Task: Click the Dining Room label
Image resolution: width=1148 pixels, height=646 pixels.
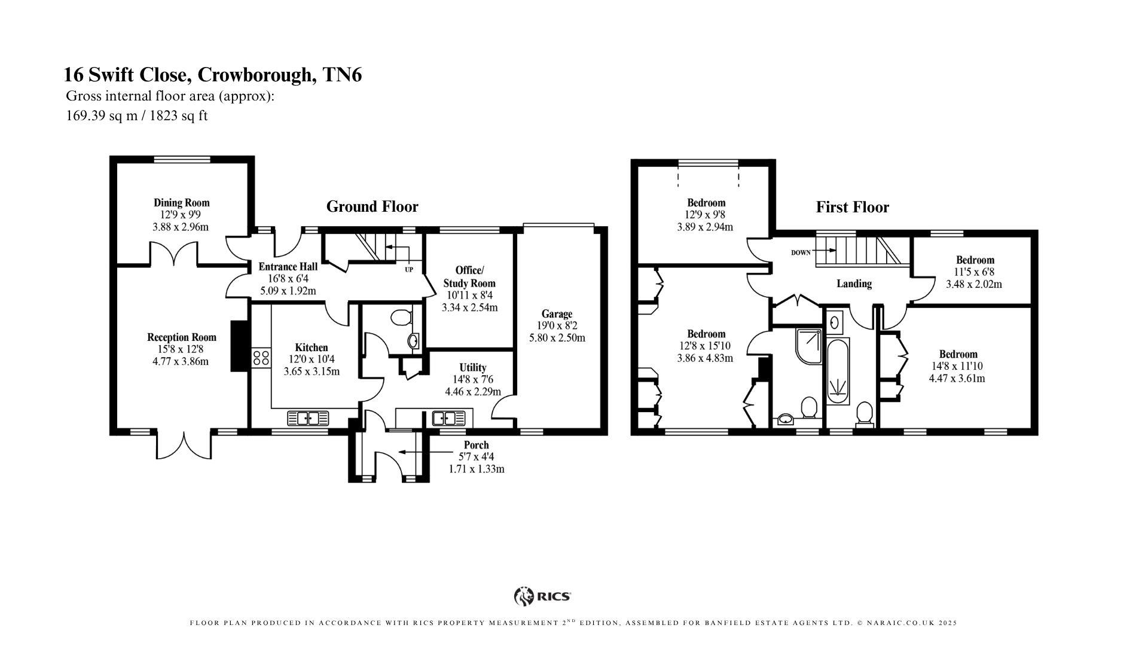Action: tap(182, 203)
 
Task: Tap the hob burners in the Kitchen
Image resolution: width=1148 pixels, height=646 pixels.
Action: tap(261, 358)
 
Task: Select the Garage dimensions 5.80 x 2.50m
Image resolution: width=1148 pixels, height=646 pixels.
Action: tap(557, 338)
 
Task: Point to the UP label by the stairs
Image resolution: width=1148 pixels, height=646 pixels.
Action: tap(409, 270)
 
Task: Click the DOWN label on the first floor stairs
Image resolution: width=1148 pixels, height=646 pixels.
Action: tap(801, 252)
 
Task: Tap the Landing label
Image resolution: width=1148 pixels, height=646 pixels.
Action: tap(853, 284)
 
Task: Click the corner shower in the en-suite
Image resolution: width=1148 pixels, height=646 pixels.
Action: tap(808, 346)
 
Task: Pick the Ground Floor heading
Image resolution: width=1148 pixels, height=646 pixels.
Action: tap(372, 207)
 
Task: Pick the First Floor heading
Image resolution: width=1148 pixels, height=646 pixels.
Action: tap(852, 208)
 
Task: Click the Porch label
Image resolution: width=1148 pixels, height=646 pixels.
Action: tap(476, 445)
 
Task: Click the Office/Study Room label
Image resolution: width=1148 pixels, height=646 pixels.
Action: tap(469, 276)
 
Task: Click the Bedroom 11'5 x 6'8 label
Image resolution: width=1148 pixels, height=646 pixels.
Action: tap(975, 260)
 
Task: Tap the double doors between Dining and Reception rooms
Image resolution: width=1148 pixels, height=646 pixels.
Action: tap(173, 254)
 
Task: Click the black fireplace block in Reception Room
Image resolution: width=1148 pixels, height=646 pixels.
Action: tap(239, 346)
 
